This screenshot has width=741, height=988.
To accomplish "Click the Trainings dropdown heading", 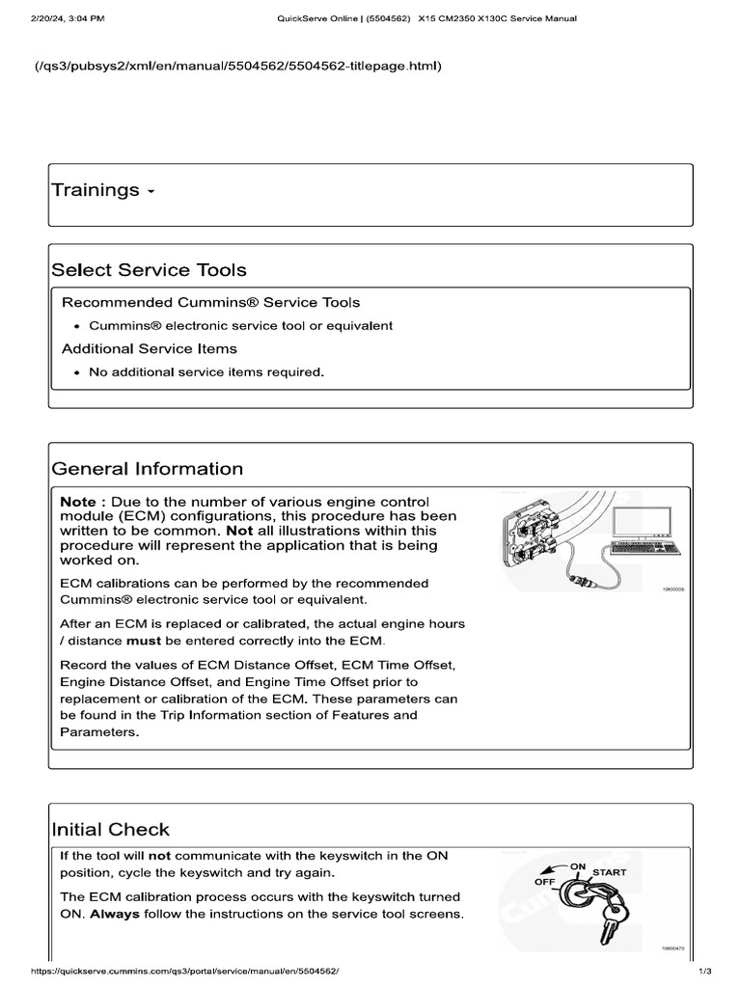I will pyautogui.click(x=101, y=190).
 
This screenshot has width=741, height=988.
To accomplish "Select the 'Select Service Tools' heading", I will pyautogui.click(x=149, y=270).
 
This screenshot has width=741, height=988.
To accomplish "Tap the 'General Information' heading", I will pyautogui.click(x=147, y=469).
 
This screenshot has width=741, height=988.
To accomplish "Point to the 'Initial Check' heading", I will pyautogui.click(x=110, y=829).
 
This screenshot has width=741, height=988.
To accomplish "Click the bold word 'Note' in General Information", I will pyautogui.click(x=77, y=502).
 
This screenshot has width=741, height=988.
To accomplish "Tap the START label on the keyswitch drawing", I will pyautogui.click(x=609, y=872).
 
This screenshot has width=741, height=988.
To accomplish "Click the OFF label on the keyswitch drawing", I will pyautogui.click(x=547, y=882).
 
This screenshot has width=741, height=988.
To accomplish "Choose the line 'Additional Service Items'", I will pyautogui.click(x=150, y=348).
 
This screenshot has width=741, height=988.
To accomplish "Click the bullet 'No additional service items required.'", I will pyautogui.click(x=206, y=371).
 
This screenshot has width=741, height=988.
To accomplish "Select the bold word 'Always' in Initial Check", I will pyautogui.click(x=115, y=914).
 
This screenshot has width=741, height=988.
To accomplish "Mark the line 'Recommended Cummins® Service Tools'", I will pyautogui.click(x=211, y=302).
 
